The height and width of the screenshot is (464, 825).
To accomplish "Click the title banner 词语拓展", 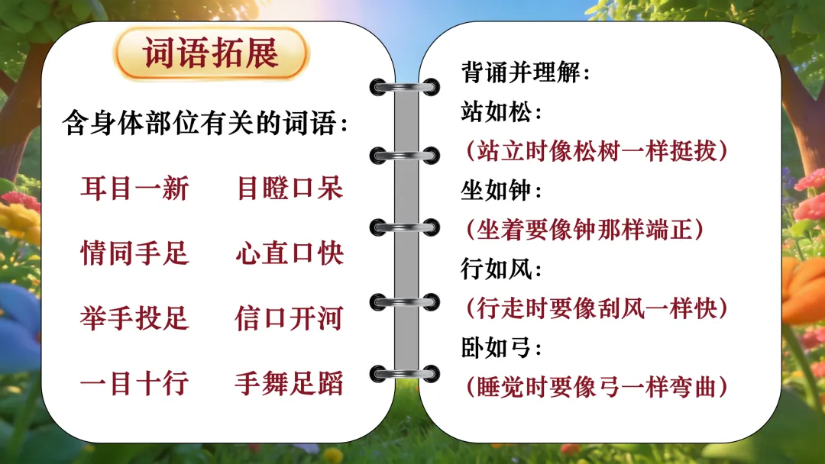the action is pos(211,53).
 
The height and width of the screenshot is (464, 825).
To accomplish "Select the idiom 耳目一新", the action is pos(134,188).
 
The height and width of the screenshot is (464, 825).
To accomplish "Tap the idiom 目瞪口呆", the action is pos(290,188).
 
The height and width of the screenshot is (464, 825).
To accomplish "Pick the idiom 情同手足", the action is pos(134,253).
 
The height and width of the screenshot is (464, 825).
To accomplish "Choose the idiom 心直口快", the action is pos(290,253).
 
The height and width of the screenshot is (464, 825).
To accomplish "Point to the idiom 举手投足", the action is pos(134,318).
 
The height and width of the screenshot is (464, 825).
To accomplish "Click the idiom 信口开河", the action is pos(290,318).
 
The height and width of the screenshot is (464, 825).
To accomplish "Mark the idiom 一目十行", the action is pos(134,384).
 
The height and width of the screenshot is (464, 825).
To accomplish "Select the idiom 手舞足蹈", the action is pos(290,384).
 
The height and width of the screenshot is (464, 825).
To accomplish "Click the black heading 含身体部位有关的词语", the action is pos(205,123).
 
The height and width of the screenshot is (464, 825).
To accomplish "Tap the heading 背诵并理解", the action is pos(525,72).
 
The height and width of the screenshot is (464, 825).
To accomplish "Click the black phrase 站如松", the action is pos(501,112).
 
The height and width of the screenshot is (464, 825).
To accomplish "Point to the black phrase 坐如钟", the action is pos(501,190).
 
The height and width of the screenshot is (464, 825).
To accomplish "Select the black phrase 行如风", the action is pos(501,269).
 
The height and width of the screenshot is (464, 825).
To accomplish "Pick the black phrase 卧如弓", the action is pos(501,347).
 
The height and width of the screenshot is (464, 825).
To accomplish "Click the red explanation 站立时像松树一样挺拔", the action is pos(597,151).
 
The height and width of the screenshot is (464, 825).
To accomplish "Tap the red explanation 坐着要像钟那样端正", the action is pos(584,230).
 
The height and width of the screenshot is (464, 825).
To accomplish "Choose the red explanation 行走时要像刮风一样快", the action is pos(597,308).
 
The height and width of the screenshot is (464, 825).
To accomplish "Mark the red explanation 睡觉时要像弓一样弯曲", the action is pos(597,387).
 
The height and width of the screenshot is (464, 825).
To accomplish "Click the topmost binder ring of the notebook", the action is pos(405,87).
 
